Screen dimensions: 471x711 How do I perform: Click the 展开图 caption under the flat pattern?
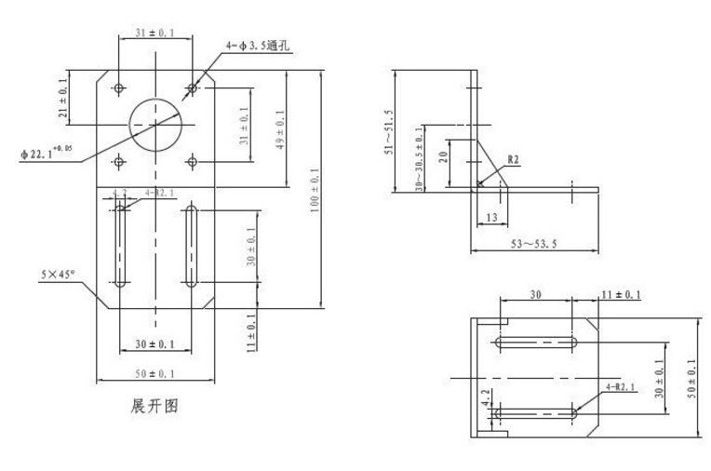tap(154, 407)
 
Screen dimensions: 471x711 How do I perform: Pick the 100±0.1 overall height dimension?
tap(315, 190)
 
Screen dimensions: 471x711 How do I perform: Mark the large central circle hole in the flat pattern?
tap(155, 124)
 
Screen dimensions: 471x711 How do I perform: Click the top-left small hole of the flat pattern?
tap(119, 88)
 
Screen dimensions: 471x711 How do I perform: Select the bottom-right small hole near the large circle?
tap(192, 162)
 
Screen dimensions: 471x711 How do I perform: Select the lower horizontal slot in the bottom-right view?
tap(535, 410)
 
